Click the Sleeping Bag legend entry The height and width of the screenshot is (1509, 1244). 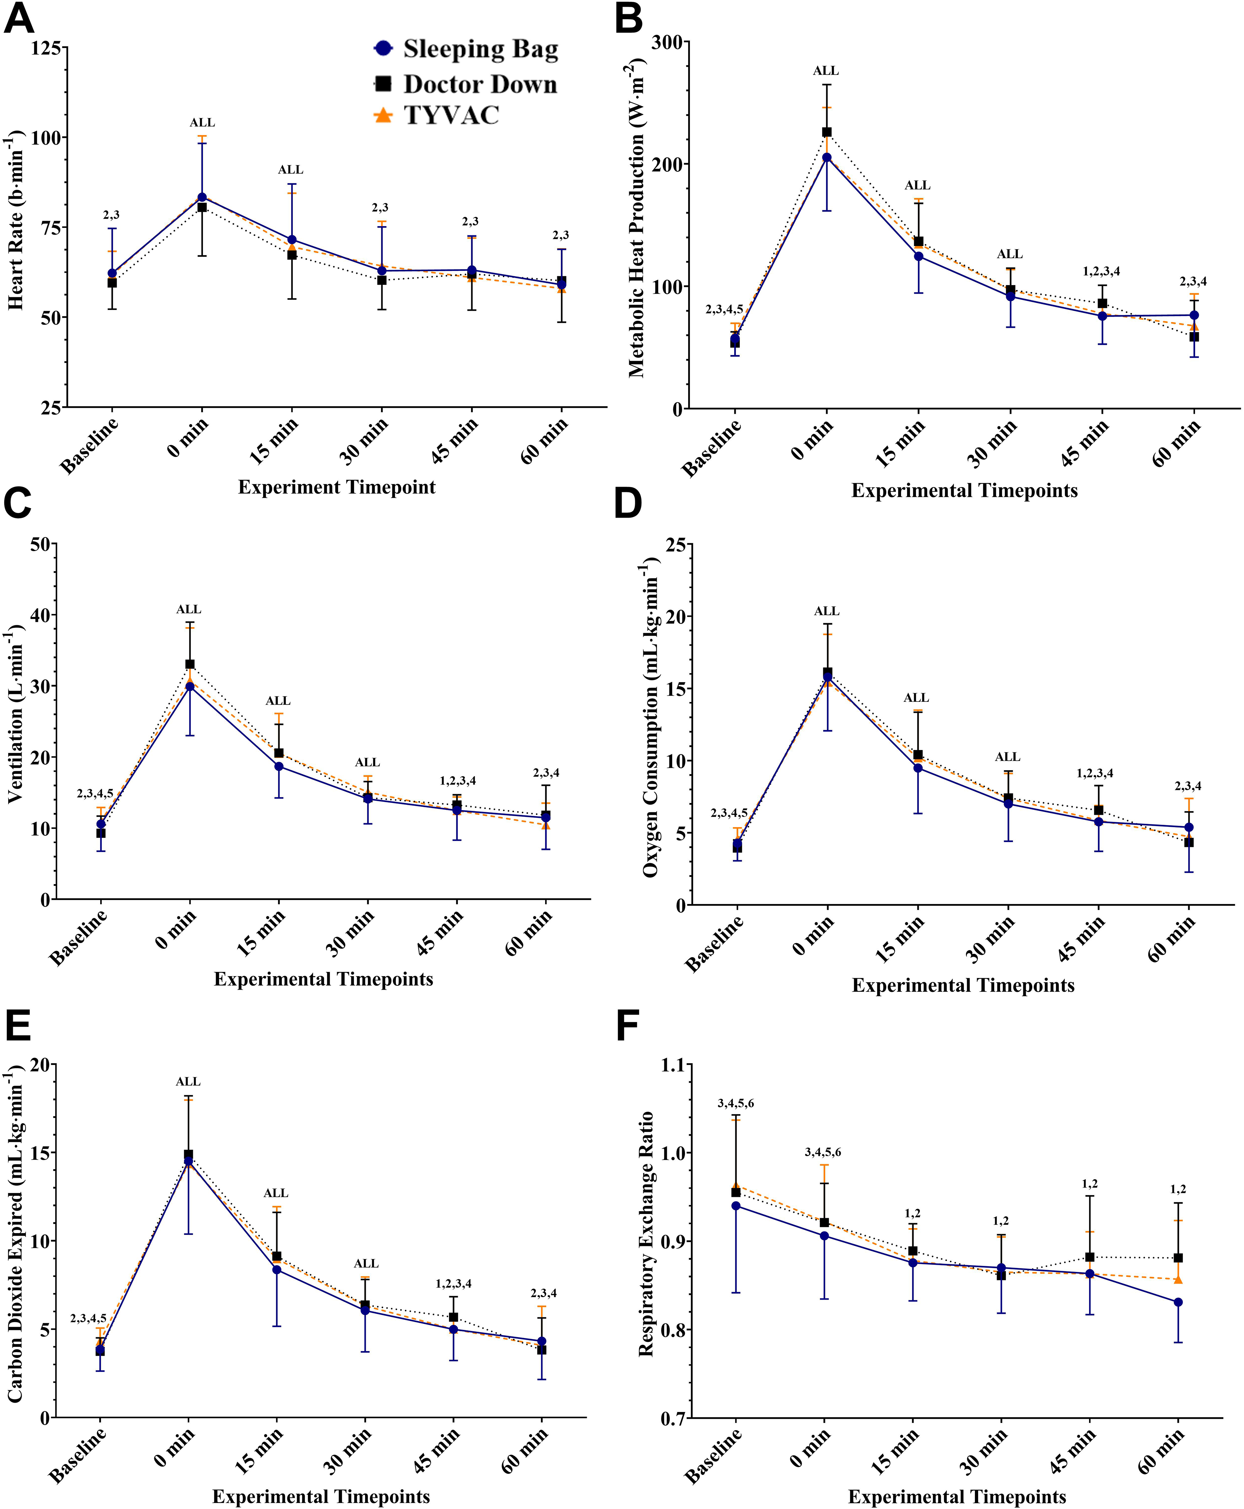pyautogui.click(x=466, y=49)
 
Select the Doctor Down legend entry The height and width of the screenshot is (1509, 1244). pyautogui.click(x=466, y=84)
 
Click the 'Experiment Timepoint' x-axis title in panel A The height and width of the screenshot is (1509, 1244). pyautogui.click(x=337, y=487)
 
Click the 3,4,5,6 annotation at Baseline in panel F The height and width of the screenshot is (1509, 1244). pyautogui.click(x=736, y=1103)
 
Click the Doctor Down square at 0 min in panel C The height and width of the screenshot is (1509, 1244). pyautogui.click(x=190, y=664)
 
